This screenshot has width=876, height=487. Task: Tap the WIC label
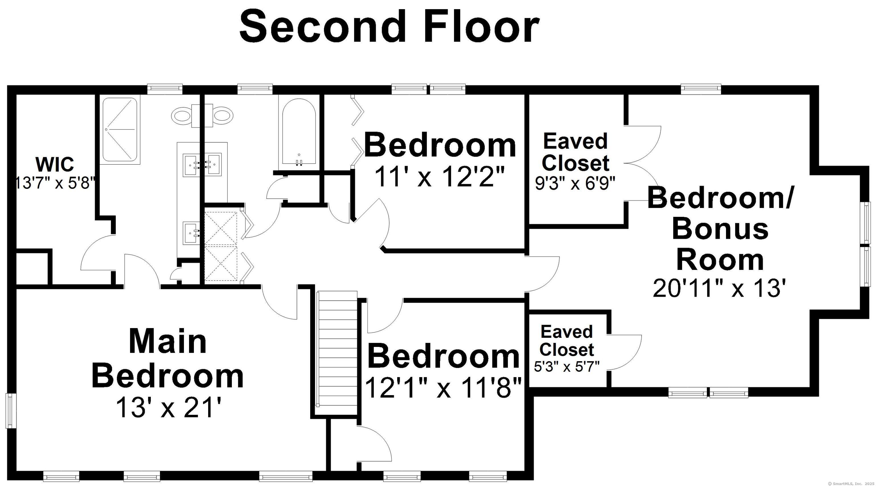click(54, 164)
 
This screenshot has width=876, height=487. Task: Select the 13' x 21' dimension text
click(169, 407)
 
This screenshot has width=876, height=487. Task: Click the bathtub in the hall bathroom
click(299, 133)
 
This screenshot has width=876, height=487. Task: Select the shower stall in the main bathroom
click(119, 129)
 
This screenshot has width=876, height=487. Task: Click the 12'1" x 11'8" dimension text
click(443, 388)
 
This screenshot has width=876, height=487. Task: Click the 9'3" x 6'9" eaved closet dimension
click(575, 184)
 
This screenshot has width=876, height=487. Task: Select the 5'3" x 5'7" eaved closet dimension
click(567, 367)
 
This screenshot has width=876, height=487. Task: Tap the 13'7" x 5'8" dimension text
click(55, 183)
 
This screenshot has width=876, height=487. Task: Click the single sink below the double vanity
click(192, 233)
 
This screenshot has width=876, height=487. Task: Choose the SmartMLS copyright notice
click(850, 483)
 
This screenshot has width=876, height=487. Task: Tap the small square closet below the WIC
click(32, 268)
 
